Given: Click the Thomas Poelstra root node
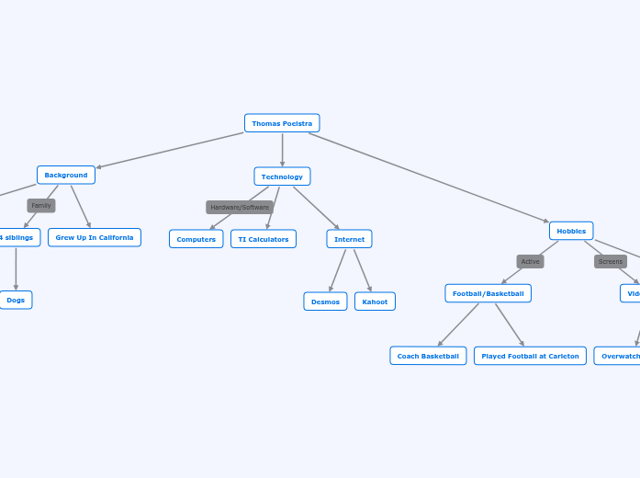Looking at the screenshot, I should tap(282, 123).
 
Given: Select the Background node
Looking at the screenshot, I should tap(66, 175).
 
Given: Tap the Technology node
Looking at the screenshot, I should tap(282, 176).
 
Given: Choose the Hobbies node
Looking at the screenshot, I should tap(571, 231).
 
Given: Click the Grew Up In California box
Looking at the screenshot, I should tap(95, 237).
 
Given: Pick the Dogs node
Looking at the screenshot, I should tap(16, 300).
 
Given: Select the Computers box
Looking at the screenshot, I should tap(196, 239).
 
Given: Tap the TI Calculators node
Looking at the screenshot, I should tap(264, 239).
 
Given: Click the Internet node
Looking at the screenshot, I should tap(349, 239).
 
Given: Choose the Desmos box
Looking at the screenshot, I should tap(325, 302).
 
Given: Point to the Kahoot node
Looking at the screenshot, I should tap(375, 302).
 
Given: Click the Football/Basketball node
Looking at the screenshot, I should tap(488, 293).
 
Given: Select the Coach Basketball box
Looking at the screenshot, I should tap(428, 356).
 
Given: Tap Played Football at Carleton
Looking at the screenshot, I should tap(530, 356).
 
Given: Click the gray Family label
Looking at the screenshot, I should tap(41, 206).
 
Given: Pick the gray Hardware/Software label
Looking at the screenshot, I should tap(240, 207).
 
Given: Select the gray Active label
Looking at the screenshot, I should tap(531, 261).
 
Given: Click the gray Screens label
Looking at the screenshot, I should tap(611, 261).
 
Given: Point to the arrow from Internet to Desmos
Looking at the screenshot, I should tap(338, 270).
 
